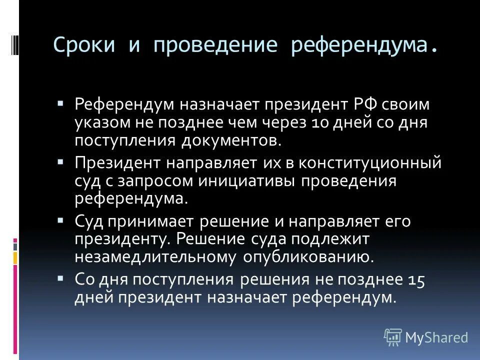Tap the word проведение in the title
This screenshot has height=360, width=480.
point(215,45)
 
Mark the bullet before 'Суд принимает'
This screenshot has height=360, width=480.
point(60,220)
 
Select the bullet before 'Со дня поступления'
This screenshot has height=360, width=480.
point(60,278)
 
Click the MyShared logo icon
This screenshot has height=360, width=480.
point(393,337)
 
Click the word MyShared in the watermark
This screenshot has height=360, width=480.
point(436,338)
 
